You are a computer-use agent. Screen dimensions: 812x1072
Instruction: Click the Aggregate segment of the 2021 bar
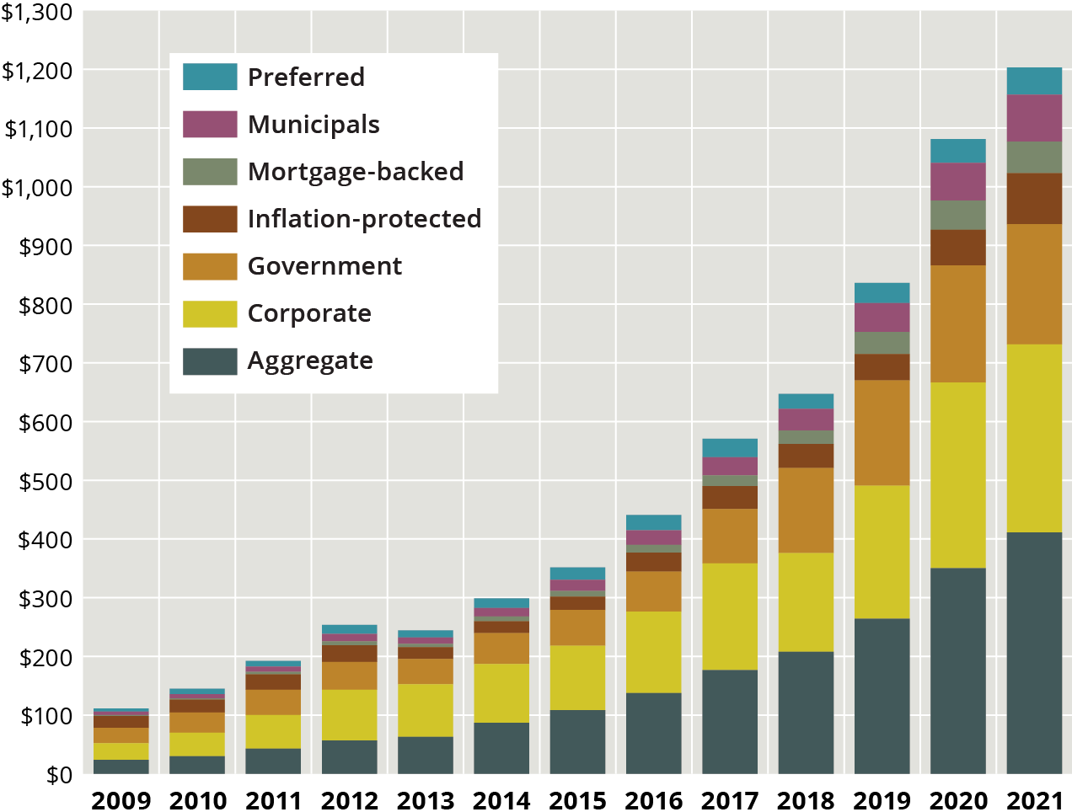click(x=1034, y=653)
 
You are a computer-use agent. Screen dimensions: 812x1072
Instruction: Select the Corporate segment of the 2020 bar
click(x=958, y=475)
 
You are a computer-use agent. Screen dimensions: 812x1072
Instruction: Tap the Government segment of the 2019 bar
click(x=882, y=432)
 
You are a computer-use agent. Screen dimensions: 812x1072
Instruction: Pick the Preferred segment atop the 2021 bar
click(x=1034, y=81)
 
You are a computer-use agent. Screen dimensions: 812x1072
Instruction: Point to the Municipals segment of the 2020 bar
click(x=958, y=181)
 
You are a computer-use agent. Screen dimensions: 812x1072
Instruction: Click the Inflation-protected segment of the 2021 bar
click(x=1034, y=198)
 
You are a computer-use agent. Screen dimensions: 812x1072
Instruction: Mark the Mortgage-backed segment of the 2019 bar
click(x=882, y=343)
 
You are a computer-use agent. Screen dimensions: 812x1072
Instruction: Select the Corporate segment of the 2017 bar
click(x=730, y=616)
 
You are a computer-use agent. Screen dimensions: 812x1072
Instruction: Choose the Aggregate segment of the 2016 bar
click(x=653, y=733)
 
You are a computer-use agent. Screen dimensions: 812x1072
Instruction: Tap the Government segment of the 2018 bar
click(x=806, y=510)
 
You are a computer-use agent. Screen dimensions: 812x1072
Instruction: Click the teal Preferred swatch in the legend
click(x=210, y=77)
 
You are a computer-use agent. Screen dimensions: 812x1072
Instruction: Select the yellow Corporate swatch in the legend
click(x=210, y=313)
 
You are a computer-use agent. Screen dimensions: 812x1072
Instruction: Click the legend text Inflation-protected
click(x=364, y=219)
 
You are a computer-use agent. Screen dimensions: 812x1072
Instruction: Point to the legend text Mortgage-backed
click(x=356, y=172)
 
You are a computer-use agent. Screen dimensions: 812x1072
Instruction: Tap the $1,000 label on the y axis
click(x=37, y=187)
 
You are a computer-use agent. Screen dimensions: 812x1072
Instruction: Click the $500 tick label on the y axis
click(x=46, y=481)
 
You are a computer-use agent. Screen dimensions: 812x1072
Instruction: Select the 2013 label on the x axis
click(x=425, y=799)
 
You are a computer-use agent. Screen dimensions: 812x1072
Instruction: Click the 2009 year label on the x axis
click(x=121, y=799)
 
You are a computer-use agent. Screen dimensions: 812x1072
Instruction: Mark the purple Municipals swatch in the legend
click(x=210, y=124)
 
